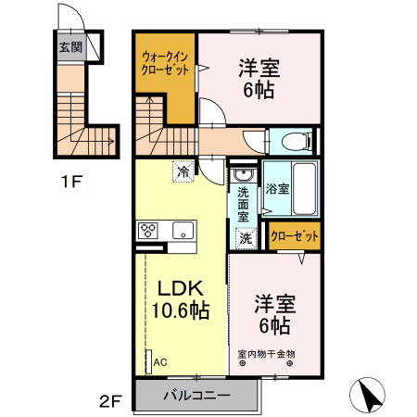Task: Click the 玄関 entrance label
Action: tap(70, 46)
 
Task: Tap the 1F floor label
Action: tap(71, 183)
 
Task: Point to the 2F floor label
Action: tap(110, 401)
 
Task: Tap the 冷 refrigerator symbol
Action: tap(183, 171)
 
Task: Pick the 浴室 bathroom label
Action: tap(277, 188)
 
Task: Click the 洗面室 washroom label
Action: tap(244, 204)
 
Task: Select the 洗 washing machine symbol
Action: tap(245, 238)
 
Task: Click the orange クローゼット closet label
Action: tap(295, 236)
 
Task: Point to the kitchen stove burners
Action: tap(149, 230)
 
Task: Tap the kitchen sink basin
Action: tap(182, 230)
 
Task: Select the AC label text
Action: tap(159, 361)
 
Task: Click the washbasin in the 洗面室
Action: tap(244, 176)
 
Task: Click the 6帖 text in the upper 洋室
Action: tap(259, 90)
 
